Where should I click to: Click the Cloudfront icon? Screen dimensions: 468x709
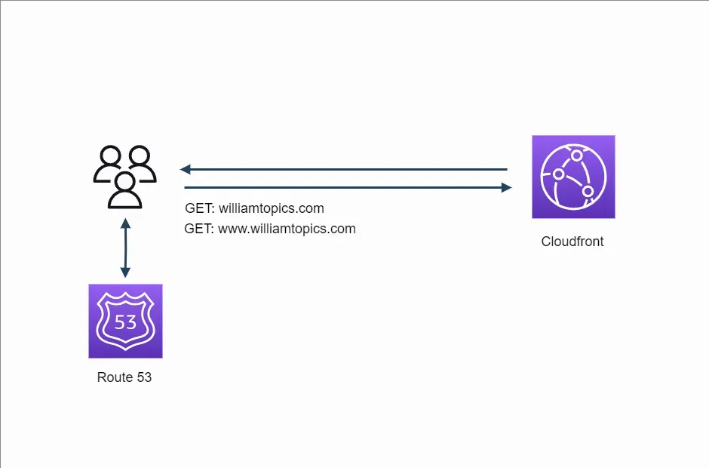(x=573, y=177)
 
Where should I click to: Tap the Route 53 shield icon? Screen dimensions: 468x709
(x=125, y=321)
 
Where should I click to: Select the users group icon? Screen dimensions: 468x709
(x=125, y=177)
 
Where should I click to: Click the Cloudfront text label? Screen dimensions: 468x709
(x=572, y=242)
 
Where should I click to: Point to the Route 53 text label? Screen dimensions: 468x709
(x=124, y=377)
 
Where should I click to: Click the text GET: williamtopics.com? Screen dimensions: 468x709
(x=254, y=208)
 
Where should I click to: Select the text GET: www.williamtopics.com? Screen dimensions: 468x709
(x=270, y=229)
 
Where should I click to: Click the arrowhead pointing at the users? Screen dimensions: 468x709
(x=185, y=170)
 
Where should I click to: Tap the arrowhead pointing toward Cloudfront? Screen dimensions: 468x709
(x=506, y=187)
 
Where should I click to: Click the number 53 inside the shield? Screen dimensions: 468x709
(x=125, y=322)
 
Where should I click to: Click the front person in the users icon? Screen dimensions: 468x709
(x=125, y=189)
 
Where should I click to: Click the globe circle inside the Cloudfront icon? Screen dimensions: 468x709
(x=573, y=177)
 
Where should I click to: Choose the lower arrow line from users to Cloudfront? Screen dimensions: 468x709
(x=343, y=187)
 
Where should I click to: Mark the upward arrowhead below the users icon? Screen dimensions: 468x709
(x=125, y=221)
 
